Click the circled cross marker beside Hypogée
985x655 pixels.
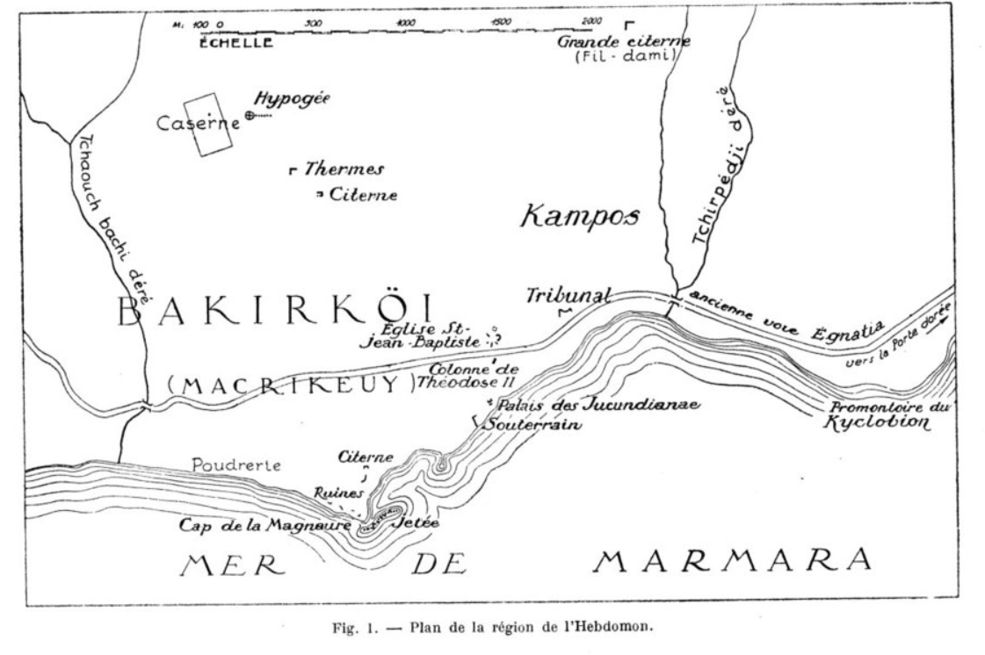[x=250, y=116]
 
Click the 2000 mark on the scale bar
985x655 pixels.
[x=590, y=20]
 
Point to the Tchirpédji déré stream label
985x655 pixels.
[x=711, y=184]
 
